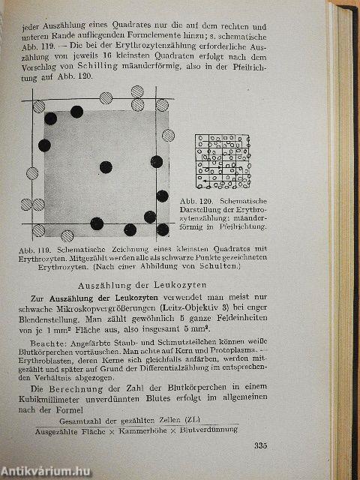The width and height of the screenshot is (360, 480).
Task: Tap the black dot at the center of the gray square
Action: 105,166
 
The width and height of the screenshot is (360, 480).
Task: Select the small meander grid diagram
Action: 221,161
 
